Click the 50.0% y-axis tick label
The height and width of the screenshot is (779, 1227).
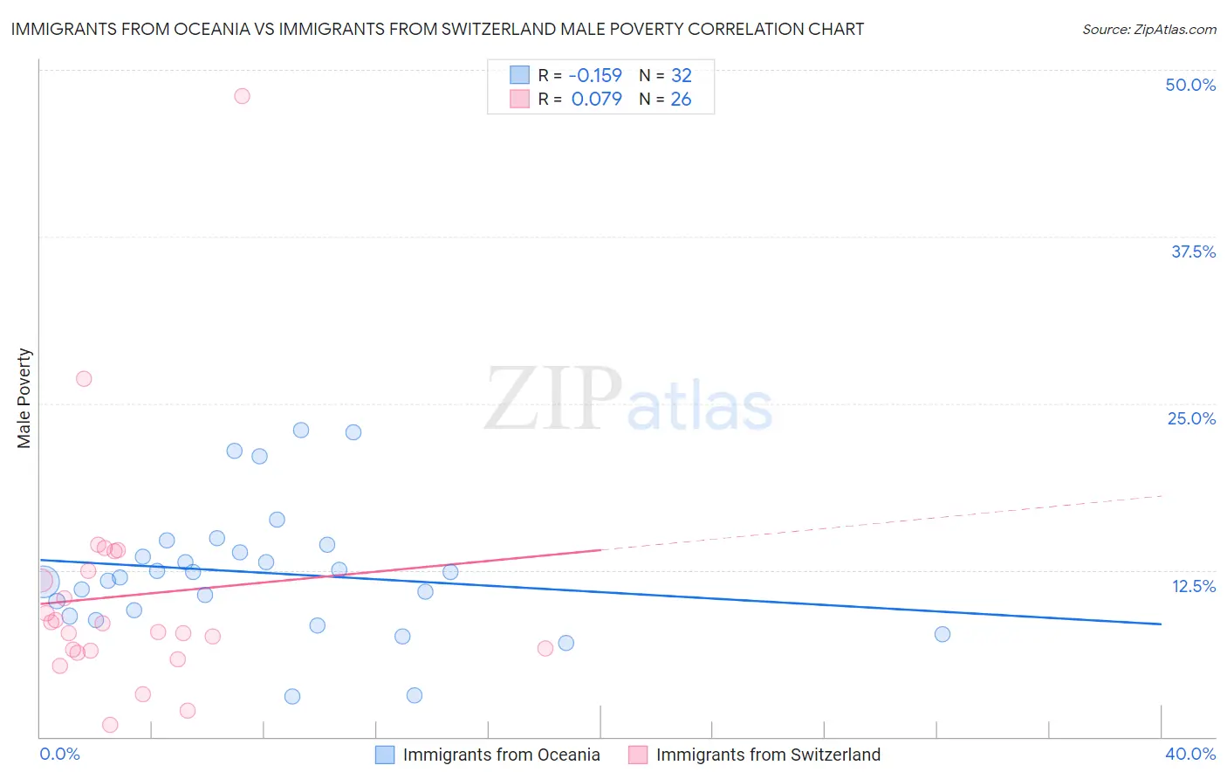coord(1190,85)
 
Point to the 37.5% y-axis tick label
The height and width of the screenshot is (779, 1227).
coord(1193,252)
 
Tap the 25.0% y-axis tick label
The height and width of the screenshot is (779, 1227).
coord(1191,418)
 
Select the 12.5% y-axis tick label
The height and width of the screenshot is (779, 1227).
coord(1193,586)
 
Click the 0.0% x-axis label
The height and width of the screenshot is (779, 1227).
coord(59,754)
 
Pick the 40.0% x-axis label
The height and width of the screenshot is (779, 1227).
coord(1189,754)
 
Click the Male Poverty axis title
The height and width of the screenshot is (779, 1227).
coord(24,398)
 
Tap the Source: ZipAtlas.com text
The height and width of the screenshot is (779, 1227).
coord(1148,30)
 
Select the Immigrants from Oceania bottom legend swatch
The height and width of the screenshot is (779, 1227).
coord(385,755)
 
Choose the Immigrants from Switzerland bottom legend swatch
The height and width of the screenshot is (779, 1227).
coord(638,755)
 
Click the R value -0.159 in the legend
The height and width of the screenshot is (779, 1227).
coord(595,76)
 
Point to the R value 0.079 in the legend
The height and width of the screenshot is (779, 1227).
coord(597,100)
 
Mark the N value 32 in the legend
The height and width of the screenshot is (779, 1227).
coord(681,76)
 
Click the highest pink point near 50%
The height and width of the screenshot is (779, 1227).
coord(242,96)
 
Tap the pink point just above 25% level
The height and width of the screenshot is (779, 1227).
coord(84,379)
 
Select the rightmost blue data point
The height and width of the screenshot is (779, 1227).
coord(942,634)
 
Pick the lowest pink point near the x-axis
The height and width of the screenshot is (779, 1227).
coord(110,725)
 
